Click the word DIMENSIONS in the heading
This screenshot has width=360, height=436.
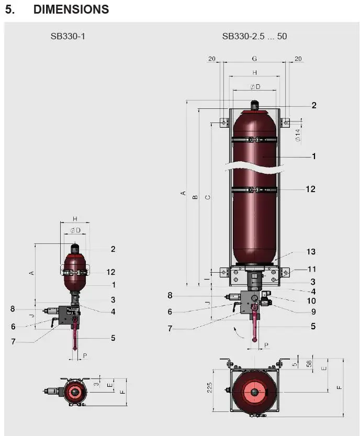click(x=71, y=9)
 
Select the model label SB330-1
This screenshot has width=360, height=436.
click(x=67, y=36)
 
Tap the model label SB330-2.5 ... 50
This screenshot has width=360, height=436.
click(x=254, y=36)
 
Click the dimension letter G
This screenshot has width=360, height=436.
click(x=254, y=59)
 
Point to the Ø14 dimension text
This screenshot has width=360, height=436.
click(x=297, y=136)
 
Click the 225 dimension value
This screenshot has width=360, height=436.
click(x=209, y=387)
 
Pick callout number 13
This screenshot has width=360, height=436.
click(x=311, y=252)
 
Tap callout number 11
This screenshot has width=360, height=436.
click(x=311, y=269)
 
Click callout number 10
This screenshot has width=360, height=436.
click(x=311, y=301)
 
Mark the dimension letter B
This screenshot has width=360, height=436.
click(x=195, y=197)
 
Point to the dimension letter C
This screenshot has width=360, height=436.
click(x=207, y=197)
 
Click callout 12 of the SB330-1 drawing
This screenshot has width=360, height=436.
click(x=110, y=272)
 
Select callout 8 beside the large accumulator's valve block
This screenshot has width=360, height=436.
click(x=170, y=295)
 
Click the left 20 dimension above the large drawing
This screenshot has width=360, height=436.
click(x=212, y=59)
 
